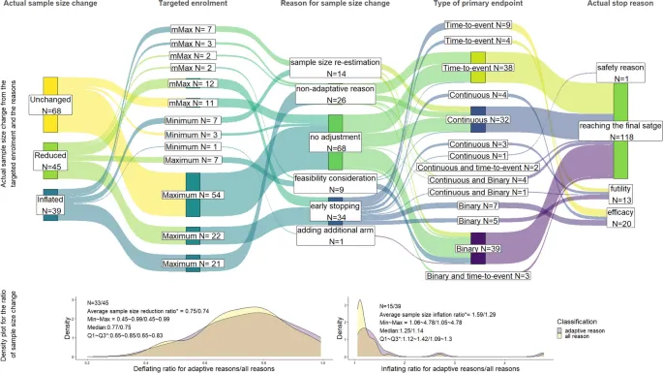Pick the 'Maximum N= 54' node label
[194, 195]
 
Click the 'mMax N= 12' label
[192, 84]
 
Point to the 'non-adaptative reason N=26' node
[337, 94]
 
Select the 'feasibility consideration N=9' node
[336, 183]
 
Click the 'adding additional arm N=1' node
[336, 234]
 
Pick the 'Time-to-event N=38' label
[477, 69]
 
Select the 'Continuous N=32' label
[477, 120]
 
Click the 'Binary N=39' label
[477, 249]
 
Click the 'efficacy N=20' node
[619, 217]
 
